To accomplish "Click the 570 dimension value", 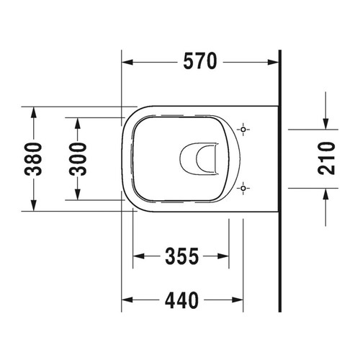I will click(x=199, y=63).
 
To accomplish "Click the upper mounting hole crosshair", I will click(x=245, y=130).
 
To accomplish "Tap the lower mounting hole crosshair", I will click(x=245, y=189).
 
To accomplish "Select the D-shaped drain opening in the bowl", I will click(x=200, y=158).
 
